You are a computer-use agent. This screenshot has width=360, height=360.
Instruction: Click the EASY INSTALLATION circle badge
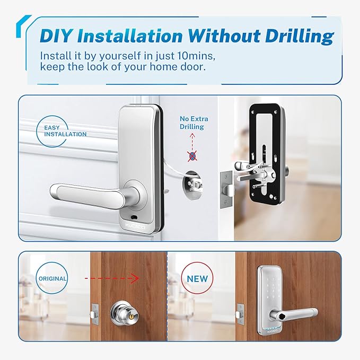pyautogui.click(x=52, y=131)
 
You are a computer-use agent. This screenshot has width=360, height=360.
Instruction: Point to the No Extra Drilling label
pyautogui.click(x=194, y=122)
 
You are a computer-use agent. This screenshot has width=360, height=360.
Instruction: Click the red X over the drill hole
pyautogui.click(x=192, y=156)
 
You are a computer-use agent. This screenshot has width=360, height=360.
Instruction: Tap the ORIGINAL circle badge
pyautogui.click(x=52, y=278)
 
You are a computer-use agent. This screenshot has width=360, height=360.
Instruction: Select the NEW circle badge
pyautogui.click(x=197, y=278)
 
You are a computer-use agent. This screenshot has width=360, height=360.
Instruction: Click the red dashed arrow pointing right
pyautogui.click(x=112, y=278)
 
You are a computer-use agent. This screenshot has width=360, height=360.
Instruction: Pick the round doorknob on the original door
pyautogui.click(x=121, y=313)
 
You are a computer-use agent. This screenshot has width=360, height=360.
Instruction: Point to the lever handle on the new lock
pyautogui.click(x=294, y=314)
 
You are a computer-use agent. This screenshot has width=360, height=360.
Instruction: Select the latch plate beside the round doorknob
pyautogui.click(x=95, y=314)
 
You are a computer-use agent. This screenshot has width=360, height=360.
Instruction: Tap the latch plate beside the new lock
pyautogui.click(x=240, y=314)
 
